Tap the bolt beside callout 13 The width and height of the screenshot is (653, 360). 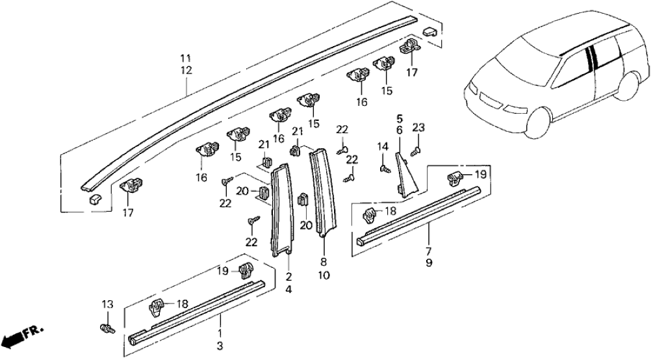[x=108, y=329]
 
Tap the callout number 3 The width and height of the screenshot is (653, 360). [x=220, y=344]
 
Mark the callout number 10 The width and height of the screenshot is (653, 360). [x=324, y=276]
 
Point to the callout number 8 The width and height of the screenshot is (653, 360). [x=324, y=264]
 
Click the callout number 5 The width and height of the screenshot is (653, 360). [x=400, y=118]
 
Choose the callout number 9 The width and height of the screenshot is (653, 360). [x=429, y=263]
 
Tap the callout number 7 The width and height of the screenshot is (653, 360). [x=429, y=251]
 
